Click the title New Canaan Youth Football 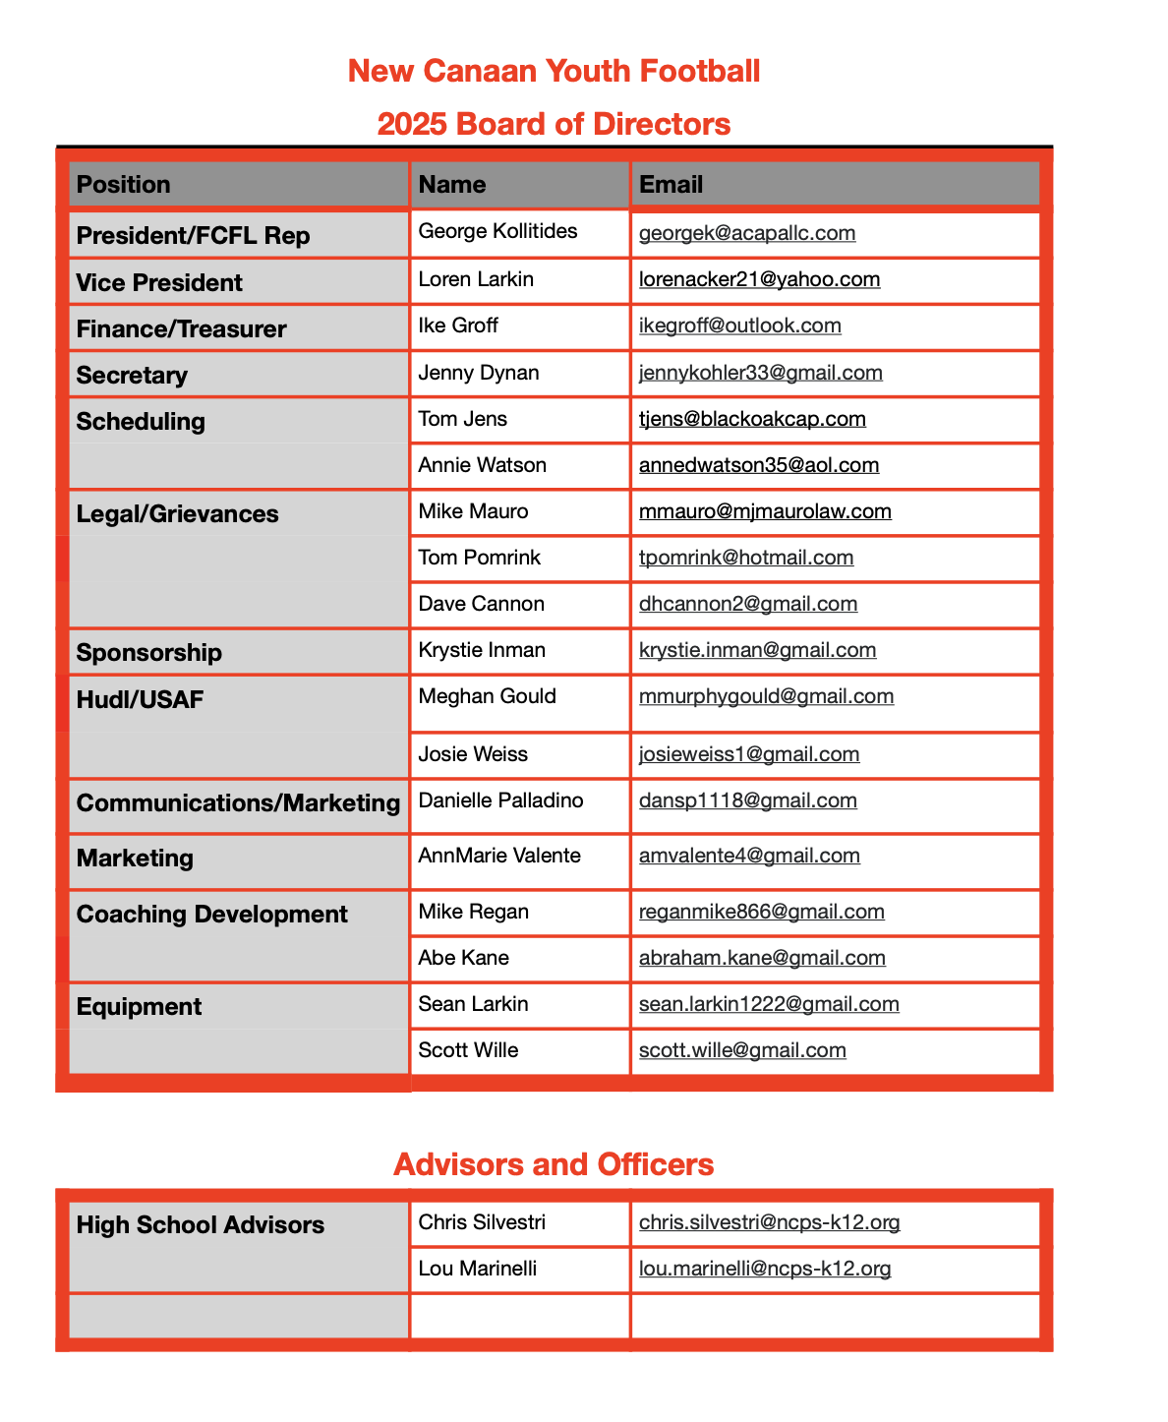click(x=554, y=71)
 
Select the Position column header click(x=124, y=185)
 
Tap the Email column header click(x=671, y=185)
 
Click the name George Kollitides click(x=497, y=231)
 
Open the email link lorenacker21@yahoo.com click(x=759, y=279)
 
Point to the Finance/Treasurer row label click(x=181, y=328)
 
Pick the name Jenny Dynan click(x=479, y=373)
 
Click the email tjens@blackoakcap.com click(x=752, y=419)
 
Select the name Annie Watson click(x=482, y=465)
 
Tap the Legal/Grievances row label click(x=177, y=514)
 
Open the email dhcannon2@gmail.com click(x=747, y=604)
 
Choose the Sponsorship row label click(x=148, y=653)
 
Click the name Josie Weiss click(x=473, y=754)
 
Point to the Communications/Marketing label click(x=238, y=803)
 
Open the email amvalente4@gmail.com click(x=749, y=856)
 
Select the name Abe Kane click(x=463, y=958)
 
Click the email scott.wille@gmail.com click(x=742, y=1050)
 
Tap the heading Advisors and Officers click(x=554, y=1164)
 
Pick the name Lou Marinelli click(x=478, y=1269)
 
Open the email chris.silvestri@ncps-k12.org click(x=769, y=1222)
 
